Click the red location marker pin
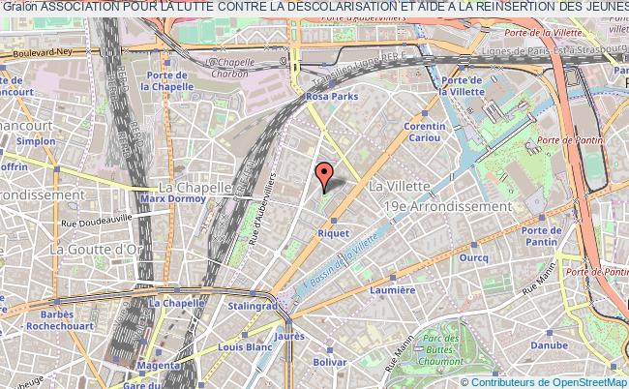(324, 175)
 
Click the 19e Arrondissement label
(446, 206)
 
